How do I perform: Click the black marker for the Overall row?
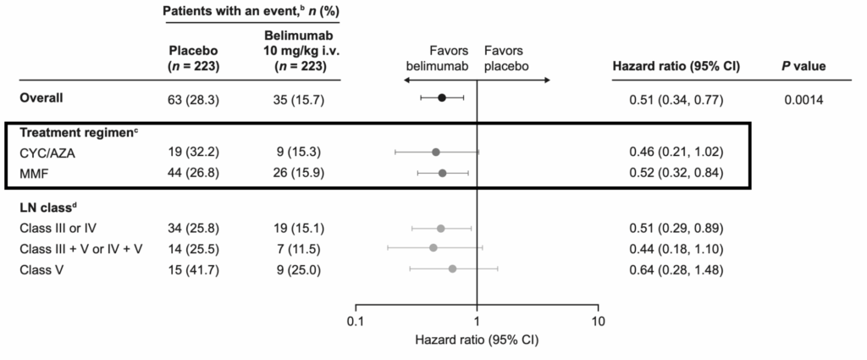[x=441, y=97]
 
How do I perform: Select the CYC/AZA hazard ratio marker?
[x=436, y=152]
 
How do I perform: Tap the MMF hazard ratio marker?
[x=442, y=173]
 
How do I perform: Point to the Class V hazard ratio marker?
[x=452, y=269]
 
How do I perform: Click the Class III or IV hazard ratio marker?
[x=440, y=229]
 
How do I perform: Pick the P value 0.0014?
[x=803, y=97]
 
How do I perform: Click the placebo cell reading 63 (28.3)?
[x=194, y=97]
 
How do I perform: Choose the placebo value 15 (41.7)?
[x=194, y=269]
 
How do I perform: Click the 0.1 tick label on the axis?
[x=355, y=322]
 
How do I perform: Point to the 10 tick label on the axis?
[x=599, y=322]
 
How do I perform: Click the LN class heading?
[x=47, y=208]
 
